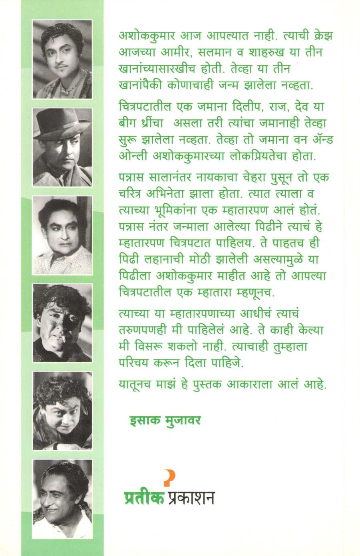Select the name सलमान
point(233,52)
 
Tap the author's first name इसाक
point(141,420)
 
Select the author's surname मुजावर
point(181,420)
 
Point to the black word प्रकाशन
point(190,498)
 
